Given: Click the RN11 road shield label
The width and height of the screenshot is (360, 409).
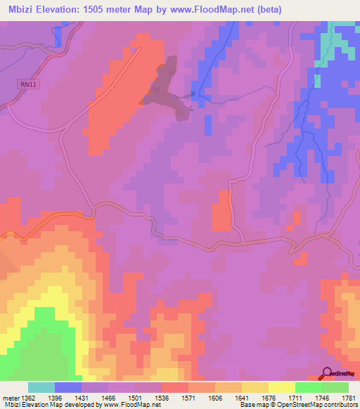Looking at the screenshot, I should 26,84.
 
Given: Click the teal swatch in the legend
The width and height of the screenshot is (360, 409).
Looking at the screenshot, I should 41,387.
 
